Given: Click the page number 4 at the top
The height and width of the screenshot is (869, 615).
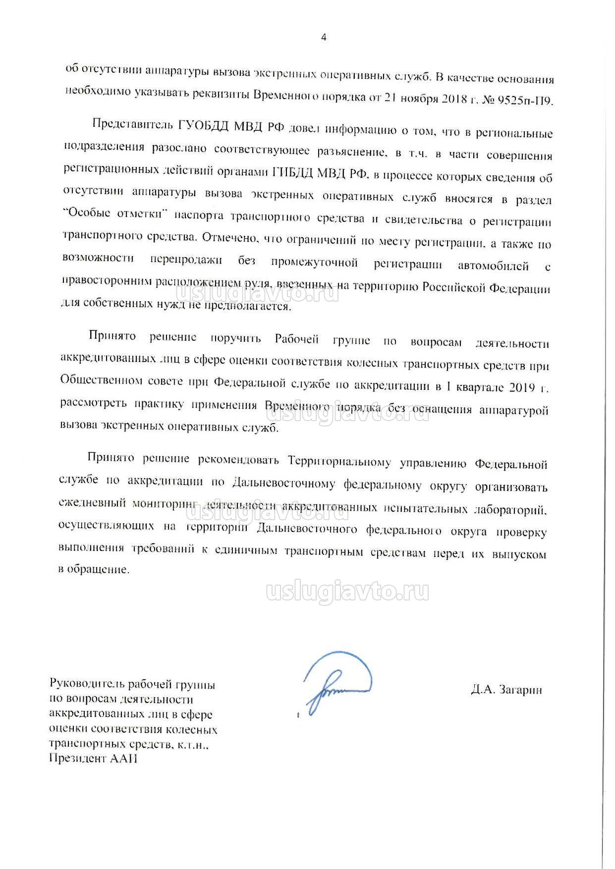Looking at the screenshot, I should [x=324, y=37].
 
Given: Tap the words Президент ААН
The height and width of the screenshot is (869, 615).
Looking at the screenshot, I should [x=93, y=759].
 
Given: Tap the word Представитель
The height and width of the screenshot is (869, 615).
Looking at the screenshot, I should [x=131, y=124].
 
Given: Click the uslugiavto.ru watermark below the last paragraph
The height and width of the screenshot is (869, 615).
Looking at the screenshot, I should [x=348, y=592].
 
